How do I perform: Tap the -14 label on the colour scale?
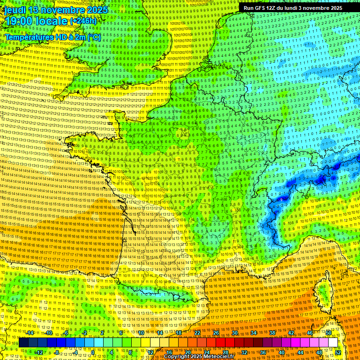coord(31,333)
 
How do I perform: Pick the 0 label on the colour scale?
coord(93,352)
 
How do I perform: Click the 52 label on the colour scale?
coord(338,352)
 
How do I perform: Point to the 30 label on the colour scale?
coord(234,333)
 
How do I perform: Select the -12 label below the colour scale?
coord(39,352)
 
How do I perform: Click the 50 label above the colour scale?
coord(329,333)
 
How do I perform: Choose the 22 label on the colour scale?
coord(197,333)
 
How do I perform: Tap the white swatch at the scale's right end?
coord(333,343)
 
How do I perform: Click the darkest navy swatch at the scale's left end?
coord(23,343)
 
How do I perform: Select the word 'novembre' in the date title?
coord(62,9)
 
